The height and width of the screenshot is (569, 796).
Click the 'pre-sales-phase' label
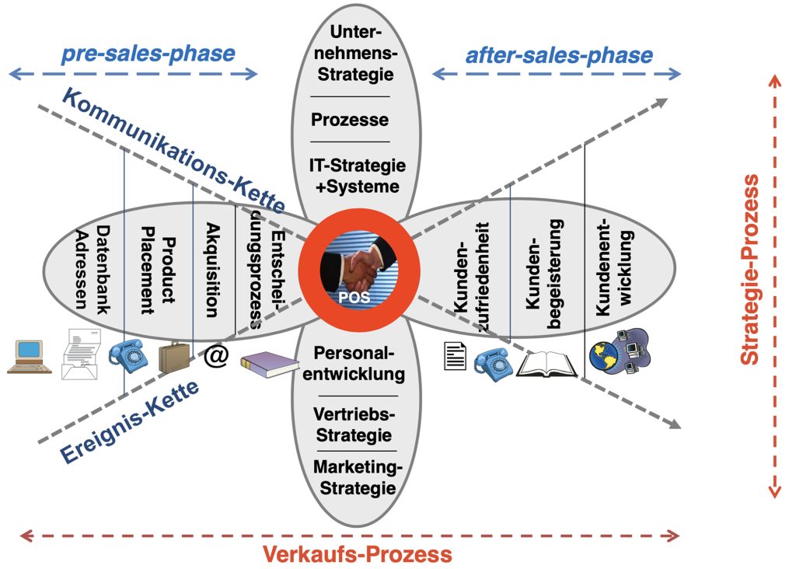click(147, 54)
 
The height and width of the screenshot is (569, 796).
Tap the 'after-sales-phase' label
click(559, 56)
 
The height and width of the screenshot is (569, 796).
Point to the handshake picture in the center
click(358, 267)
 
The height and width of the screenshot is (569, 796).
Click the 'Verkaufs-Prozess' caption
click(357, 554)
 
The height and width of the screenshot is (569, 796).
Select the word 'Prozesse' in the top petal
click(350, 120)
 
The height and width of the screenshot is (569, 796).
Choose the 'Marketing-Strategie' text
click(354, 477)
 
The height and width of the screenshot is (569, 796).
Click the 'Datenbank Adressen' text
click(93, 269)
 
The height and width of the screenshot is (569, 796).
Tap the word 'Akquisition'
click(211, 269)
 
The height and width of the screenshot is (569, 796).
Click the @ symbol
click(216, 357)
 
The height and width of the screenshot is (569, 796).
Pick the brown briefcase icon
click(174, 358)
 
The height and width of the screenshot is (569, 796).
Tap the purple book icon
click(269, 364)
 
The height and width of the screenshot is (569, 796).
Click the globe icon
click(603, 355)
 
